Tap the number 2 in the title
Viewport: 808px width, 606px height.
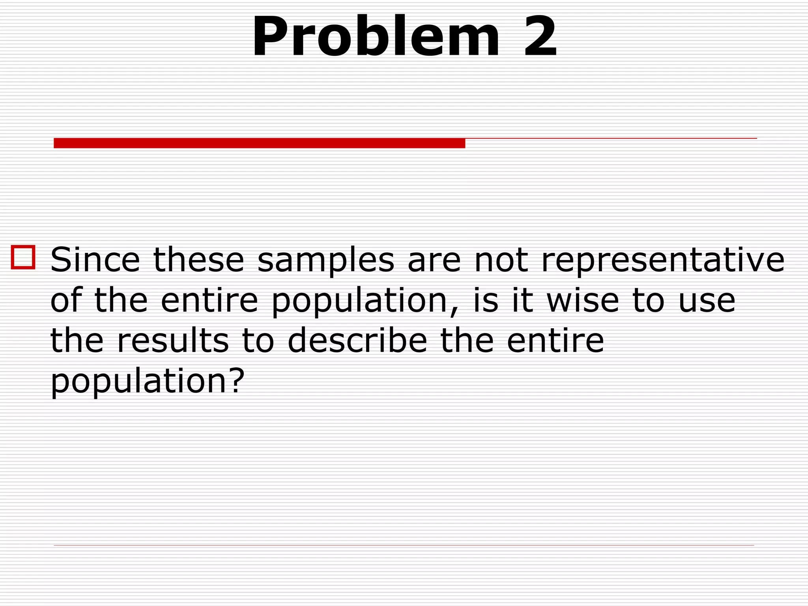point(540,37)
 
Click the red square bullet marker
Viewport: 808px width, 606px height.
point(23,257)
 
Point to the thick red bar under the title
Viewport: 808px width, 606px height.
point(259,143)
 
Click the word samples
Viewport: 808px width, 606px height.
point(325,260)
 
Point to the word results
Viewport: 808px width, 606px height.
point(173,340)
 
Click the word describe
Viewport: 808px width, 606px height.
point(357,340)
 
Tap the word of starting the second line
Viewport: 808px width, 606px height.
point(66,301)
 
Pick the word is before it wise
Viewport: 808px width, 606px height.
point(485,301)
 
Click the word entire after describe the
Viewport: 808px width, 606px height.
point(555,340)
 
